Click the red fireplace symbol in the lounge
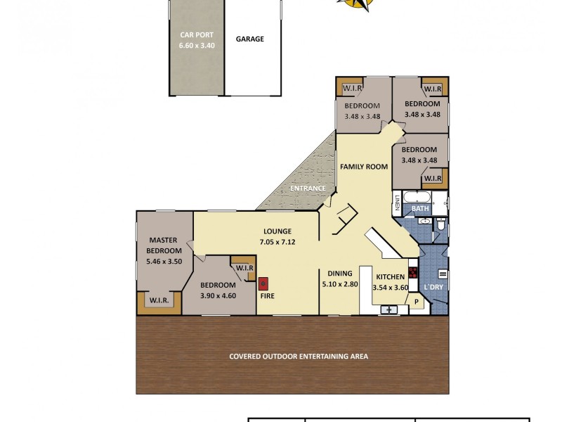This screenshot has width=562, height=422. (264, 284)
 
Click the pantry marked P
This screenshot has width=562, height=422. (416, 302)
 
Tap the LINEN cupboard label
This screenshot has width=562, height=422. (397, 203)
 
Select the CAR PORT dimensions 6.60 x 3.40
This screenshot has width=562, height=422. (197, 46)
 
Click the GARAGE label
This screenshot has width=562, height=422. (249, 39)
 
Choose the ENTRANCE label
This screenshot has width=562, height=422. (308, 188)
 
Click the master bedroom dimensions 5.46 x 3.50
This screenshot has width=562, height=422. (164, 261)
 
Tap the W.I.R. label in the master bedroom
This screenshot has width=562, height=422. (158, 301)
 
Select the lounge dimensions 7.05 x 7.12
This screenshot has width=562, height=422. (277, 241)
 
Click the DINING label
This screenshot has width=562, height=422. (340, 275)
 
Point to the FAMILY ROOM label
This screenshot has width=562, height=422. (364, 167)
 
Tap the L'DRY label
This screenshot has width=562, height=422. (433, 288)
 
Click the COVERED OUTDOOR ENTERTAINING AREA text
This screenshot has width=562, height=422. (299, 356)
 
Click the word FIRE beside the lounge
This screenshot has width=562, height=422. (267, 297)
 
